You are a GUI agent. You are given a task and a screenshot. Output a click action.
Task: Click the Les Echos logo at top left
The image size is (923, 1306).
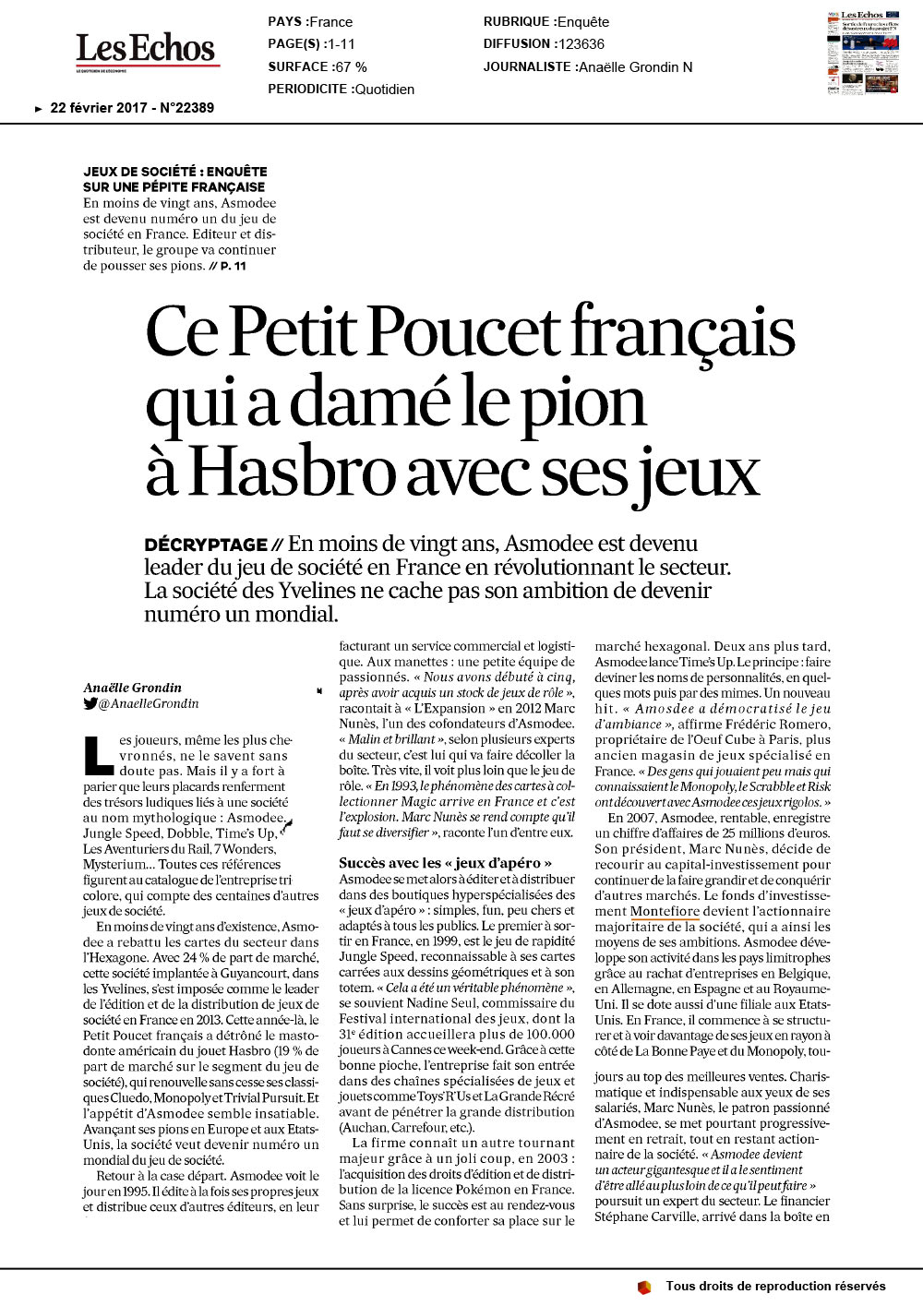click(146, 50)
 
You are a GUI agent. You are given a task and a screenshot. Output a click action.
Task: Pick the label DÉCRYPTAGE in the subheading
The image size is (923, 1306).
click(206, 545)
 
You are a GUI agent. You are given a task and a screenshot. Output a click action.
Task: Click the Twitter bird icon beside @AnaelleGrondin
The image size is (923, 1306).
click(90, 703)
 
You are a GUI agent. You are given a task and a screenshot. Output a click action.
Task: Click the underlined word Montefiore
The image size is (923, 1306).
click(665, 911)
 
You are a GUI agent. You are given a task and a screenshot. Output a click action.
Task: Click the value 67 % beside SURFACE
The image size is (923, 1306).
click(351, 66)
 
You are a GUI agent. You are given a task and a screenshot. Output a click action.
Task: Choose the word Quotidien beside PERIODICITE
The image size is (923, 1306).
click(383, 90)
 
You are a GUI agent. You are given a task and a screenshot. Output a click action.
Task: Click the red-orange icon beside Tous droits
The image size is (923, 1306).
click(643, 1287)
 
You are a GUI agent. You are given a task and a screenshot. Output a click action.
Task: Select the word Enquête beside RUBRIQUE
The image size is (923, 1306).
click(583, 22)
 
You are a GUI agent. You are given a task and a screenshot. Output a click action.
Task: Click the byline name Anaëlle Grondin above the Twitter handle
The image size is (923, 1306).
click(132, 688)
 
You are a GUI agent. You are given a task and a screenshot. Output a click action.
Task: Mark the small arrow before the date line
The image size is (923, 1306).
click(38, 109)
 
